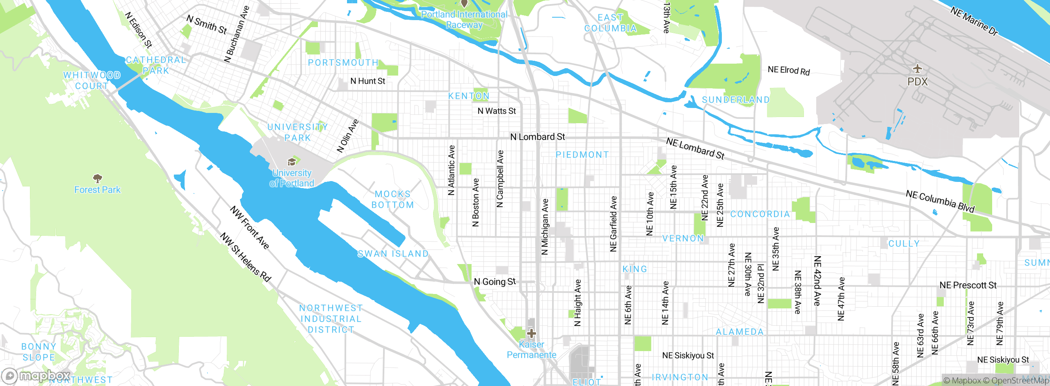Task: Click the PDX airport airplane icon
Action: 917,69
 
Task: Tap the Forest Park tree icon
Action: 98,178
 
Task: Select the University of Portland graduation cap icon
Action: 292,162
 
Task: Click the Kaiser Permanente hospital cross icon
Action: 531,333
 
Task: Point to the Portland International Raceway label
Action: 464,19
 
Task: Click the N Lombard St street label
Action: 537,137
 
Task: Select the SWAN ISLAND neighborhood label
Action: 393,254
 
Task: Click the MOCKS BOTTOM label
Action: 393,199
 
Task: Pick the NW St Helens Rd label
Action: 246,257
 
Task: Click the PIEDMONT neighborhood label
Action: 582,155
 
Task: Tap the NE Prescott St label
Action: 968,285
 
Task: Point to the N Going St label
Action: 495,282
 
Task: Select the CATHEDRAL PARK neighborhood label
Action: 156,65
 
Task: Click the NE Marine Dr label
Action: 974,21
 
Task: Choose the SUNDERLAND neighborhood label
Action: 736,100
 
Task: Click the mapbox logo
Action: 36,375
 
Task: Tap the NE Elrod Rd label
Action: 788,70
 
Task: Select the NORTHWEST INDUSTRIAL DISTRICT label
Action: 331,319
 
